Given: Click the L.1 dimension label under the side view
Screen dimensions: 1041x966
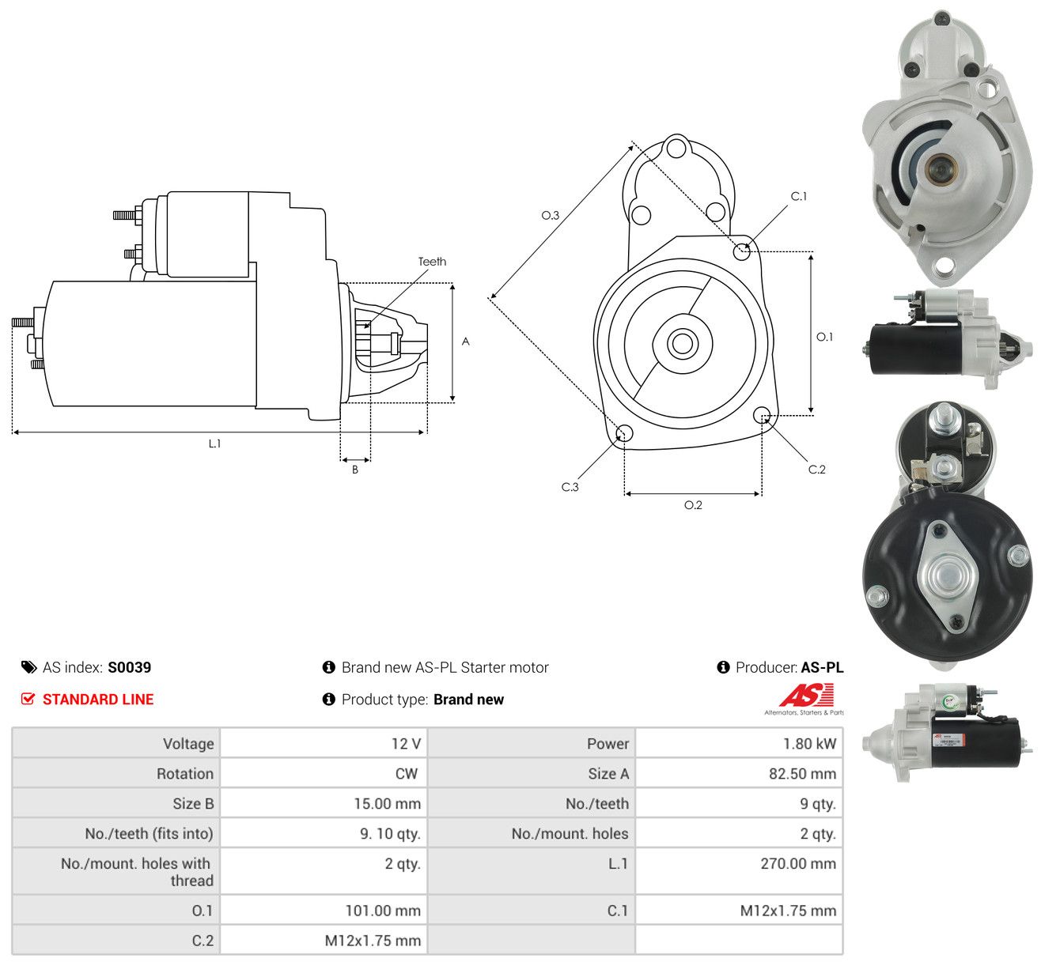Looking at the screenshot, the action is pos(214,443).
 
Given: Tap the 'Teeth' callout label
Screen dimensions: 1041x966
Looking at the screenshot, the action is pos(432,262).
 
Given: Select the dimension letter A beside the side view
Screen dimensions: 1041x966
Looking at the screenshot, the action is pos(465,341).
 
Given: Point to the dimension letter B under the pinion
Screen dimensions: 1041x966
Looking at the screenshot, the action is pos(355,470).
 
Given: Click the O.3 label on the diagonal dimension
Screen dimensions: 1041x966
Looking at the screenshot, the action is pos(550,215).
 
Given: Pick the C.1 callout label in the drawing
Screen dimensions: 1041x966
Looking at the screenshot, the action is pos(798,197).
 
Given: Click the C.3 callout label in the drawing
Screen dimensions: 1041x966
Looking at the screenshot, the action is pos(570,487).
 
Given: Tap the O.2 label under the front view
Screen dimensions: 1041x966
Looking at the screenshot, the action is pos(693,505).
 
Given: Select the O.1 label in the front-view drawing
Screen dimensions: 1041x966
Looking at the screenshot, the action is pos(824,337).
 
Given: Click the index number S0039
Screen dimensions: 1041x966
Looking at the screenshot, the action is pos(130,667).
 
